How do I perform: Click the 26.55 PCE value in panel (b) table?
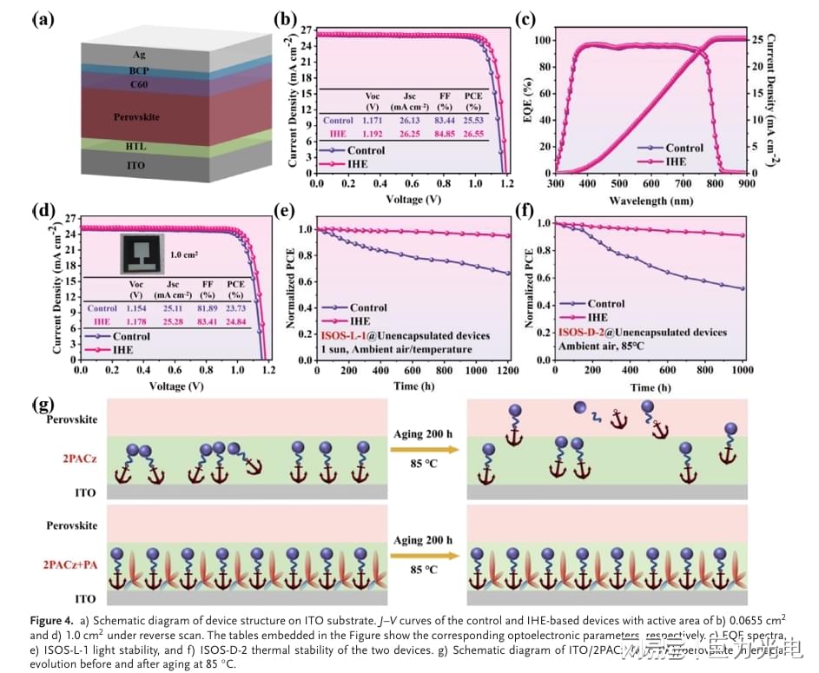(x=472, y=134)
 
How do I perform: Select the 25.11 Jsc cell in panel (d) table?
(x=170, y=307)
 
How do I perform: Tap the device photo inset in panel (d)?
(x=142, y=252)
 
